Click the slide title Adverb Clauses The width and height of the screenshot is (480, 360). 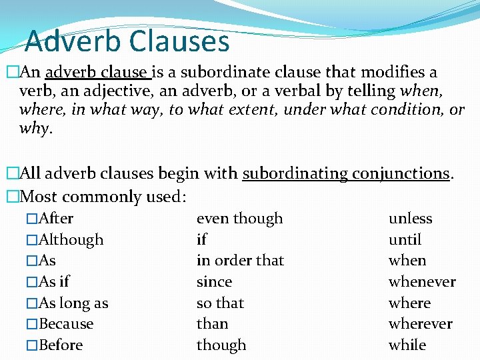click(127, 41)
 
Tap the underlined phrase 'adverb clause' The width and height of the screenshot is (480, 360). click(96, 72)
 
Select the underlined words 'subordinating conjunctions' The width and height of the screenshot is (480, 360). click(346, 174)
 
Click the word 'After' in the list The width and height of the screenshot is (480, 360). click(56, 219)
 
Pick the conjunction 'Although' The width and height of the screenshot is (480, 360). click(71, 240)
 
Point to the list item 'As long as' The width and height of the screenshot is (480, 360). click(73, 303)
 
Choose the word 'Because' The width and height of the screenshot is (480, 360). click(66, 324)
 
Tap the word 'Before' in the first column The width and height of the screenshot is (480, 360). click(61, 345)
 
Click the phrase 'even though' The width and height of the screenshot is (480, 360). click(239, 219)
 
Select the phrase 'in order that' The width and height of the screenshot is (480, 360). click(240, 261)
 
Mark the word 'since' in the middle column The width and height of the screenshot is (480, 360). click(214, 282)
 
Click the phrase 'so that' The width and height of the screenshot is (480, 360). click(220, 303)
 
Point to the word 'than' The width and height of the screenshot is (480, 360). click(212, 324)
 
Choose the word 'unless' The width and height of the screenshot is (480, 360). click(410, 219)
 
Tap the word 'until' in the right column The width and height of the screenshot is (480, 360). click(405, 240)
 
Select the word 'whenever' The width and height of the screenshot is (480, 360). click(422, 282)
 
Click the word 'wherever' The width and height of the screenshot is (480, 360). click(420, 324)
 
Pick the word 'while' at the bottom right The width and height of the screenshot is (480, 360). click(407, 345)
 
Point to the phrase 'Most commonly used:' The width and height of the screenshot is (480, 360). click(103, 197)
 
